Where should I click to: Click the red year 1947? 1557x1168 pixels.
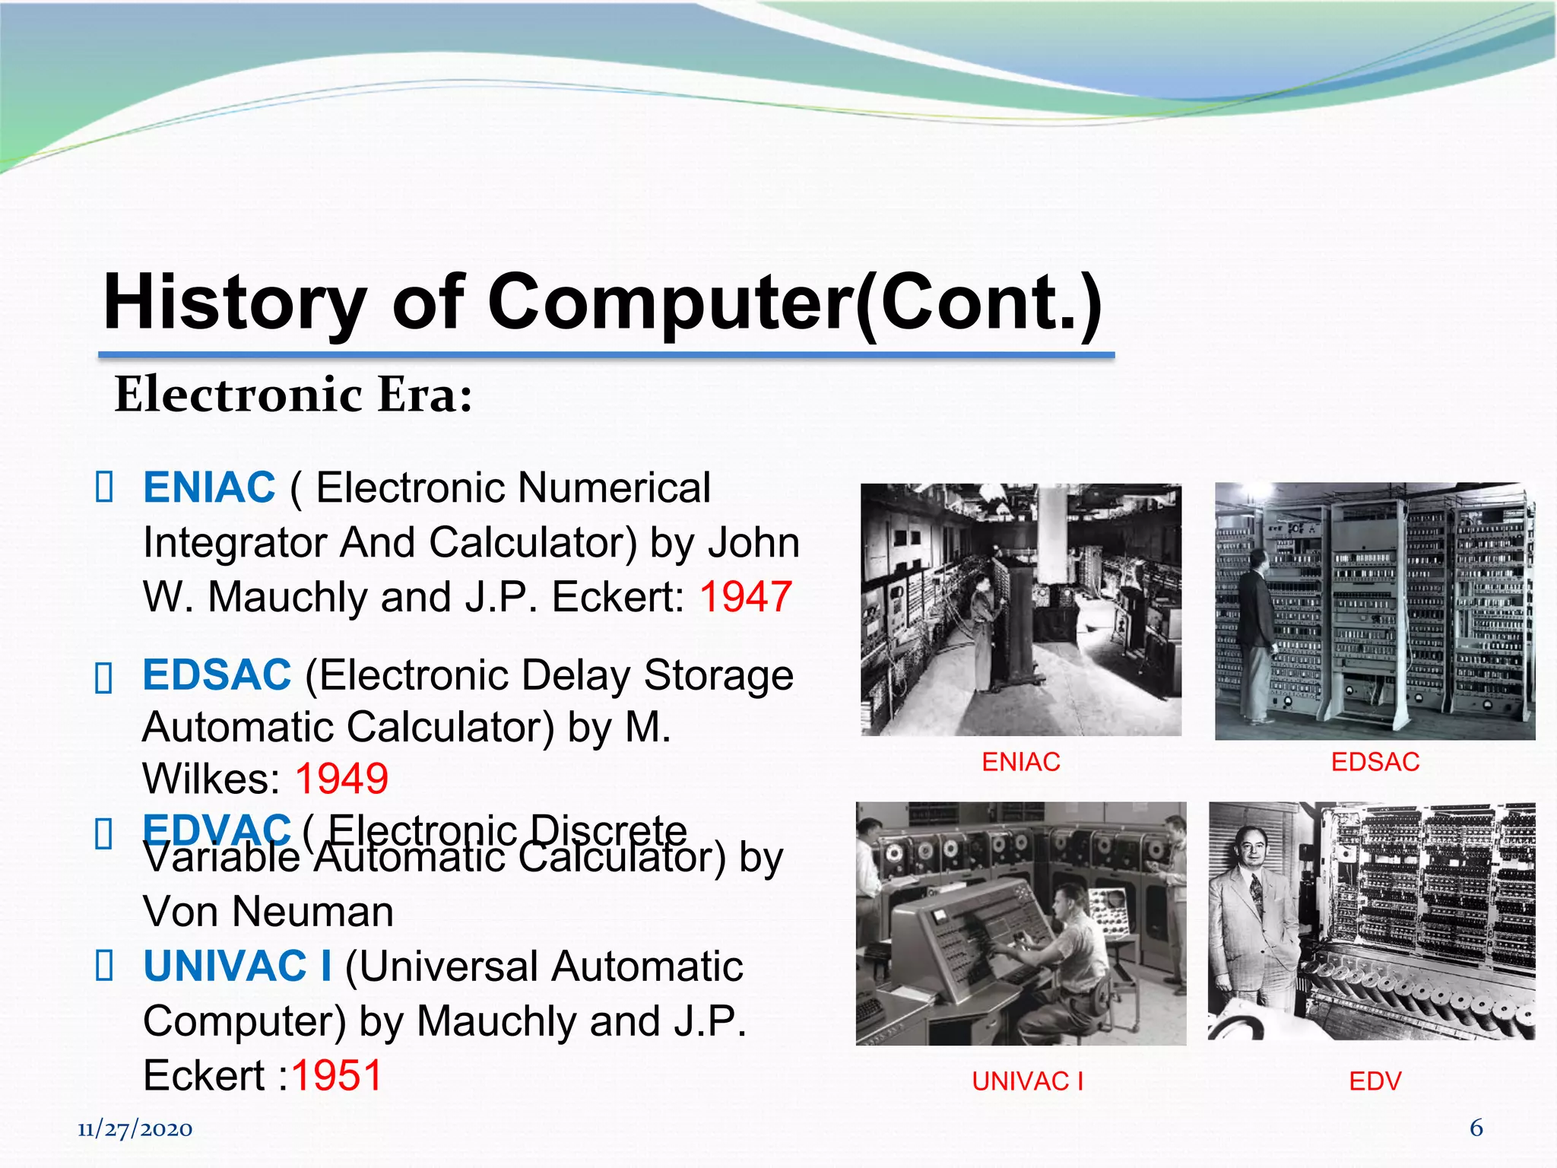[x=746, y=597]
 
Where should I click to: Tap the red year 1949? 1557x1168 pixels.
[x=341, y=779]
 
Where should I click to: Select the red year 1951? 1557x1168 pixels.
[x=336, y=1075]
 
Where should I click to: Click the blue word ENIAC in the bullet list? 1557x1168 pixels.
[x=209, y=487]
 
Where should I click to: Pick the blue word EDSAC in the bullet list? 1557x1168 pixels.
[x=217, y=674]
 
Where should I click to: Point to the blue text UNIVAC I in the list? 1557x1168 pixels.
[x=237, y=966]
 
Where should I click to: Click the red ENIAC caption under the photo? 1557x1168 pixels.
[x=1020, y=762]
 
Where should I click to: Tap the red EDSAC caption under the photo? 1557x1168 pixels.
[x=1375, y=762]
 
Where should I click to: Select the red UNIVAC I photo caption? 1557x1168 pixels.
[x=1027, y=1081]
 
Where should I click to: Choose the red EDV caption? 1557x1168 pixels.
[x=1375, y=1081]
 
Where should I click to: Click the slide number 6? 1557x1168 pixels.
[x=1476, y=1127]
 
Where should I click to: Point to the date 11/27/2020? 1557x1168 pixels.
[x=135, y=1129]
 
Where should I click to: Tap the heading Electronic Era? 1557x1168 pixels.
[x=293, y=395]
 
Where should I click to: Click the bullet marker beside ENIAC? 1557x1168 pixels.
[x=104, y=487]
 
